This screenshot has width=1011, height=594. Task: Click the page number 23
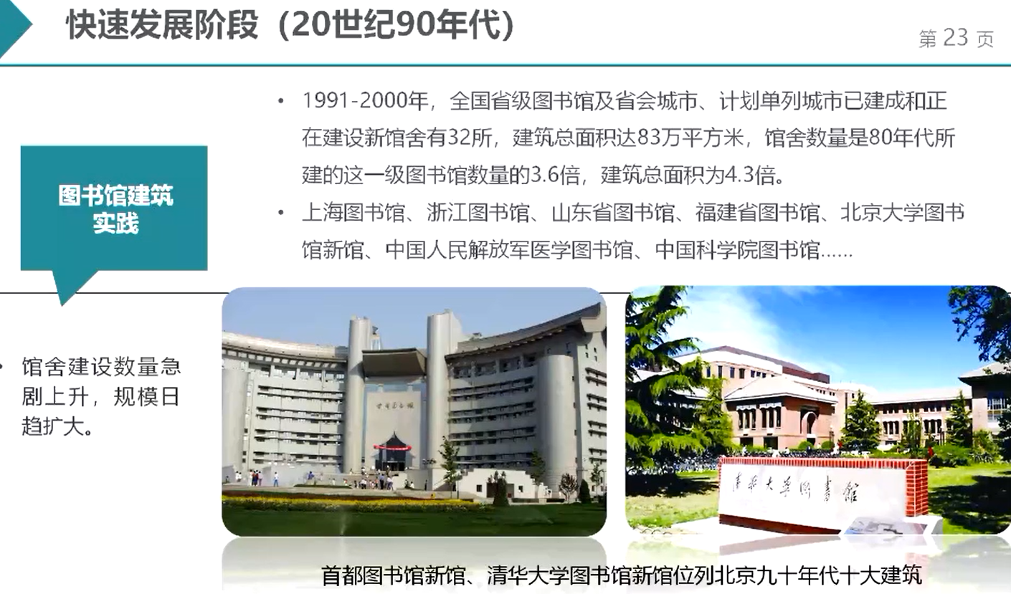coord(956,38)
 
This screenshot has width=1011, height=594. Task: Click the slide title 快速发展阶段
coord(162,27)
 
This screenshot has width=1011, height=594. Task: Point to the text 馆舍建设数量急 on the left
coord(101,368)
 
